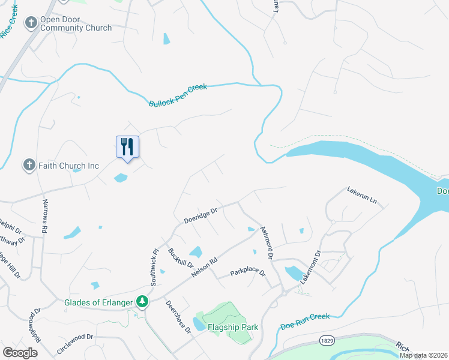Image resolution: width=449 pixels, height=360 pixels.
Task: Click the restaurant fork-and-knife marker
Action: click(127, 147)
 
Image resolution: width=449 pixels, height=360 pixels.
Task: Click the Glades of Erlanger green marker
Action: click(142, 301)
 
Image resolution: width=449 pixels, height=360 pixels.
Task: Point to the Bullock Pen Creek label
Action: click(178, 96)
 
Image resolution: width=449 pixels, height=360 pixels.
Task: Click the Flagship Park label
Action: click(233, 327)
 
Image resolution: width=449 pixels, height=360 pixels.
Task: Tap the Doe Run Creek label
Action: click(306, 322)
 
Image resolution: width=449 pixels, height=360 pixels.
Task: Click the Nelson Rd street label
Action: click(203, 265)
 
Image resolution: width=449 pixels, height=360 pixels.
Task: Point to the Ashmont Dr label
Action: click(267, 243)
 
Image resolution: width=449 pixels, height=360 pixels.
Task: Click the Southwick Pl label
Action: click(154, 267)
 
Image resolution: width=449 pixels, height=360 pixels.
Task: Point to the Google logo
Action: click(20, 352)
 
